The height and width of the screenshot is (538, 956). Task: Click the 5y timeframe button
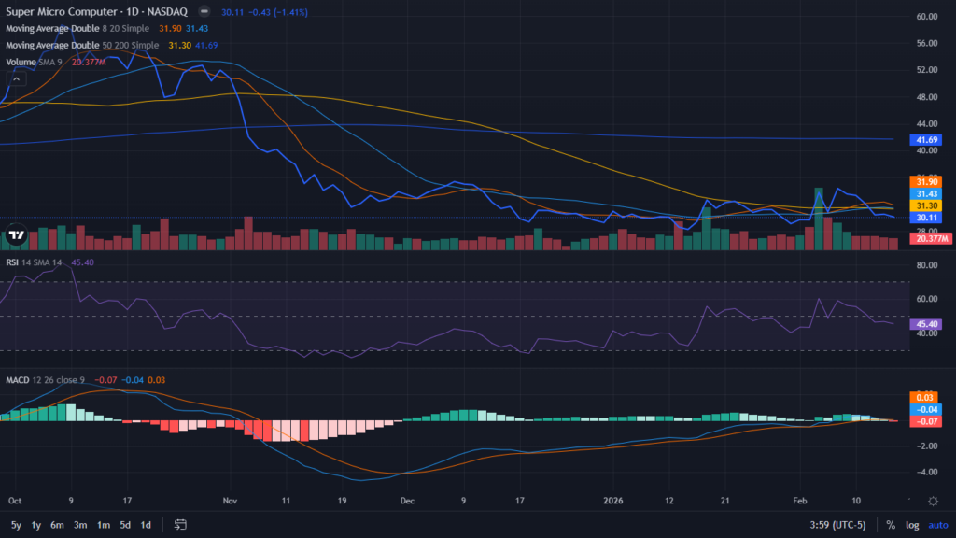(x=16, y=525)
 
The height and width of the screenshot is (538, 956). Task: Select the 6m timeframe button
(x=57, y=525)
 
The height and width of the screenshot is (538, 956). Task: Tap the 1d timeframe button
(x=146, y=525)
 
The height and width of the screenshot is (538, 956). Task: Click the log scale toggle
(x=911, y=525)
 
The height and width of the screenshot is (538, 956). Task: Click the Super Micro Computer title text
(x=61, y=12)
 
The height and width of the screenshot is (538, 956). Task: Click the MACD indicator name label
(x=18, y=380)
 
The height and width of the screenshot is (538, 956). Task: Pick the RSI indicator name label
(x=13, y=262)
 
